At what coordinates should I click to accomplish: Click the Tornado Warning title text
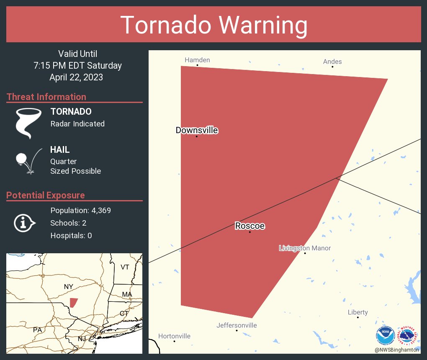(x=213, y=25)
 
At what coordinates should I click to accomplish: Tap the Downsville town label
(x=197, y=130)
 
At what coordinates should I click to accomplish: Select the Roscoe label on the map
(x=250, y=226)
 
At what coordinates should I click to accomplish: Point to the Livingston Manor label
(x=305, y=248)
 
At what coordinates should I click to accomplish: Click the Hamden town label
(x=197, y=60)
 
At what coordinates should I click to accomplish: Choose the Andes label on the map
(x=332, y=62)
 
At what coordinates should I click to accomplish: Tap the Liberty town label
(x=358, y=312)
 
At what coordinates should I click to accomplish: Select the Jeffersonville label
(x=237, y=325)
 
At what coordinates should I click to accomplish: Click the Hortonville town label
(x=174, y=336)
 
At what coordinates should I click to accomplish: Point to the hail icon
(x=28, y=161)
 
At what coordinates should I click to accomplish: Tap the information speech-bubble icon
(x=24, y=223)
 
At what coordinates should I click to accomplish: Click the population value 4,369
(x=101, y=211)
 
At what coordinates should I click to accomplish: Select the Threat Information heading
(x=46, y=97)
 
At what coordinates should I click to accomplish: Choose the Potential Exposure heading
(x=46, y=195)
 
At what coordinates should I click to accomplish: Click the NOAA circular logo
(x=386, y=335)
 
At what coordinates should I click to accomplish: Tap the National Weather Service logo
(x=408, y=335)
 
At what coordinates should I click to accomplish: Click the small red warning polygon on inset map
(x=73, y=302)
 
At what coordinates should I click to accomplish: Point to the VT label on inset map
(x=125, y=267)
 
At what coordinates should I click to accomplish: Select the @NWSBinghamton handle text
(x=397, y=350)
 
